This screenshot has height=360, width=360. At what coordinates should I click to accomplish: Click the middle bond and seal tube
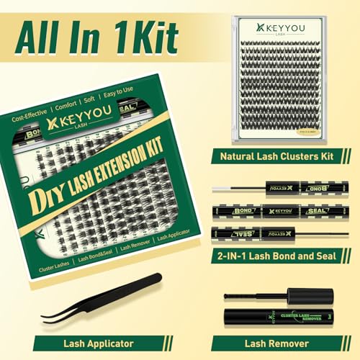274,212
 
